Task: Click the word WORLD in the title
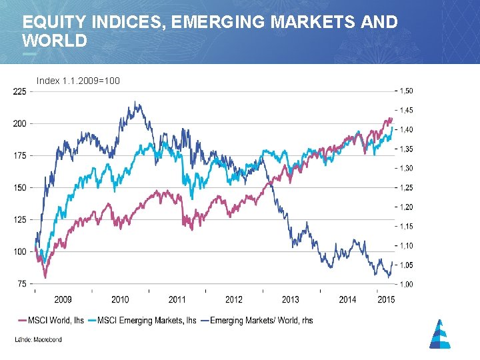[x=55, y=41]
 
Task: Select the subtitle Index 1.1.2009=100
[x=78, y=81]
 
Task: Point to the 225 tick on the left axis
[x=19, y=92]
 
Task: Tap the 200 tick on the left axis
[x=19, y=123]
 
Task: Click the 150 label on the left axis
[x=19, y=187]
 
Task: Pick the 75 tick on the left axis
[x=21, y=283]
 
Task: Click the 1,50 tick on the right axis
[x=406, y=91]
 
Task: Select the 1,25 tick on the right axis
[x=406, y=187]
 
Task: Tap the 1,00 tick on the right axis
[x=406, y=284]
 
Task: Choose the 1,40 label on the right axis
[x=406, y=129]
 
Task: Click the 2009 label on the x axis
[x=63, y=299]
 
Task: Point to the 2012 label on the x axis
[x=234, y=299]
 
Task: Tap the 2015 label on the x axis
[x=386, y=299]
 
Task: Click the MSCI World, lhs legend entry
[x=55, y=321]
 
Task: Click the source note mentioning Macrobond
[x=38, y=340]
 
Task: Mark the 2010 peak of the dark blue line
[x=135, y=102]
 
